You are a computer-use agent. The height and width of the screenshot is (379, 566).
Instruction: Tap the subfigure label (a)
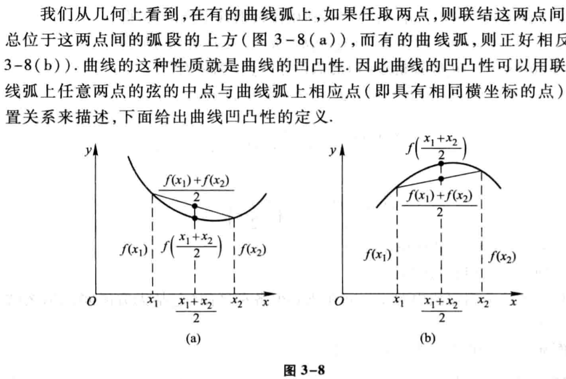[192, 338]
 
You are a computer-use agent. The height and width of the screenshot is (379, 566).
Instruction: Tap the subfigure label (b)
[428, 338]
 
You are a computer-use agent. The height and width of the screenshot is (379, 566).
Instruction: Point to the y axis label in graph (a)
[88, 150]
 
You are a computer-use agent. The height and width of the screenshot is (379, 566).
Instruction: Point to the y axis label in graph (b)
[332, 150]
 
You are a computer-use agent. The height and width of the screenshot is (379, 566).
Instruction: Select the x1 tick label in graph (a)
[152, 302]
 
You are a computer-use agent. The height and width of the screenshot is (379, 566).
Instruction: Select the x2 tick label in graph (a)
[236, 302]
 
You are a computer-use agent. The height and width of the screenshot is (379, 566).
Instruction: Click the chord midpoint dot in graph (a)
[194, 206]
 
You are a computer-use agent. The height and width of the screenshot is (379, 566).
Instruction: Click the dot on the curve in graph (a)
[194, 218]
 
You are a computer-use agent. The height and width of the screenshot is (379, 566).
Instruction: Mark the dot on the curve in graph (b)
[440, 163]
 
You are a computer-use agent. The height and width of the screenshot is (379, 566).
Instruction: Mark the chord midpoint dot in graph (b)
[440, 178]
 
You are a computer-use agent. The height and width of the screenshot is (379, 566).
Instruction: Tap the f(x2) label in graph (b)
[502, 257]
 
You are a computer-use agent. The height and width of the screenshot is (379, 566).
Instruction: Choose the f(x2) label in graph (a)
[252, 248]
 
